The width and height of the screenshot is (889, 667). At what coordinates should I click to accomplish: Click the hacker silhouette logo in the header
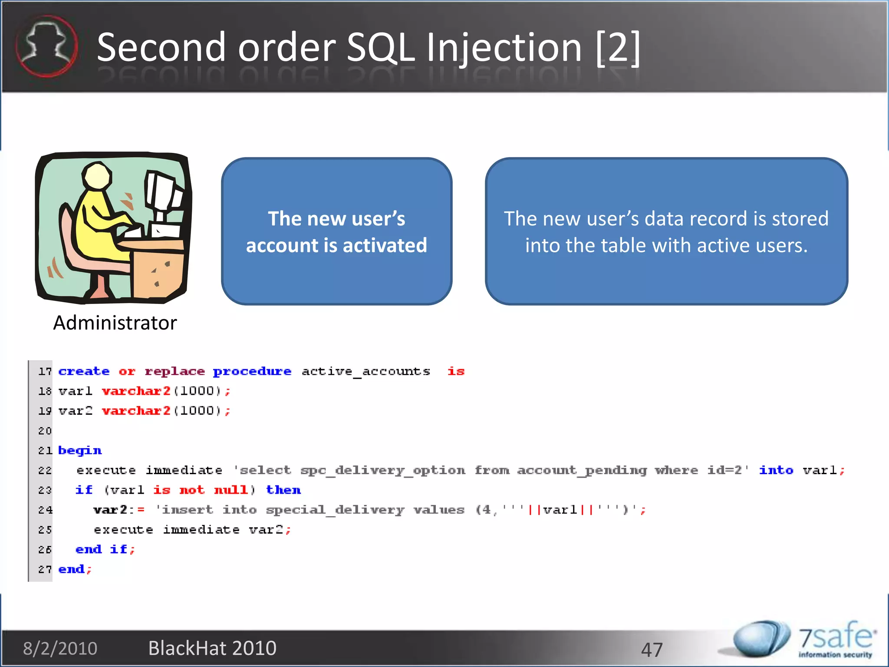coord(46,46)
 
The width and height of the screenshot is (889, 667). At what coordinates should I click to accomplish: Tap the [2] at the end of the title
coord(618,48)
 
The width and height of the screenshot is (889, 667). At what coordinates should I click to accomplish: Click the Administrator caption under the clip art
coord(115,323)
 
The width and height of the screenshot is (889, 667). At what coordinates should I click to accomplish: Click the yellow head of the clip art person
coord(98,176)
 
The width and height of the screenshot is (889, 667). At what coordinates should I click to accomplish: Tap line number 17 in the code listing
coord(45,372)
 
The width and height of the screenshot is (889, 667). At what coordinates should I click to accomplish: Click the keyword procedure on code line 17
coord(252,372)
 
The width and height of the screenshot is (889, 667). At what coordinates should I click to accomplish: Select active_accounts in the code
coord(365,372)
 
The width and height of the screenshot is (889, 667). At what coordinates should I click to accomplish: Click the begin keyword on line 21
coord(80,451)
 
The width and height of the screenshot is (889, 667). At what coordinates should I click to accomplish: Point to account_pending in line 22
coord(582,470)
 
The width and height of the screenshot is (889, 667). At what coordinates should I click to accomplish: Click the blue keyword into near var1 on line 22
coord(776,470)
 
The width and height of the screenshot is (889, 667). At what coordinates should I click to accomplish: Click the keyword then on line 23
coord(283,490)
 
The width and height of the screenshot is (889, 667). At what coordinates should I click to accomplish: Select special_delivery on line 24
coord(335,510)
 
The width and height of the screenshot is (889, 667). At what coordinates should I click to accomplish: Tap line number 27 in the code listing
coord(45,569)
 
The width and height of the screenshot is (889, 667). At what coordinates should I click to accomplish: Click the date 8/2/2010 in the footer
coord(60,648)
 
